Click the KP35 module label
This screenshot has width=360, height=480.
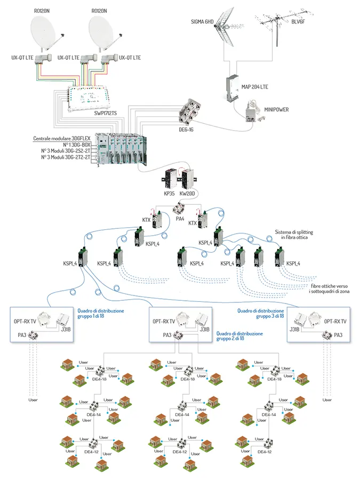pyautogui.click(x=170, y=194)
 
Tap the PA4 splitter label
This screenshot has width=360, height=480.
pyautogui.click(x=180, y=218)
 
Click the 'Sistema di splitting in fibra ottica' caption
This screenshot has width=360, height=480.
pyautogui.click(x=293, y=235)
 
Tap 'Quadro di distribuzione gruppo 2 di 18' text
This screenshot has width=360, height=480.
pyautogui.click(x=239, y=336)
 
